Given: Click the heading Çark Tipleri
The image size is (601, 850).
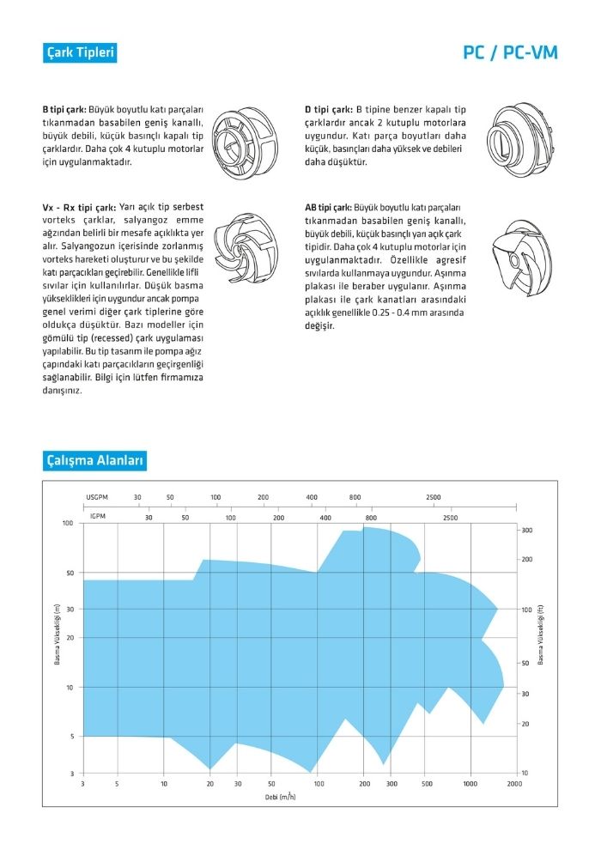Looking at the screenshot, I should tap(79, 52).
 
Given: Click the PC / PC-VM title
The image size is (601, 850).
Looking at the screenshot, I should tap(510, 53).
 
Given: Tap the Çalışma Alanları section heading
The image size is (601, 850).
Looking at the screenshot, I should tap(95, 461).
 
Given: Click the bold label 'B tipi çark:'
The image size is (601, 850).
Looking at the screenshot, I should tap(64, 110).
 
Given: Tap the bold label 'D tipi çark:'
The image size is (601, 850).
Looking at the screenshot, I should tap(328, 110).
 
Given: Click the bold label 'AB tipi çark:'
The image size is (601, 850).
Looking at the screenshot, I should tap(328, 207).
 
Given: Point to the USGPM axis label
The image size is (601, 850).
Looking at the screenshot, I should tap(98, 497).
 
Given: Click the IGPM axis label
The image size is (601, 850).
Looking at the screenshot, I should tap(98, 518).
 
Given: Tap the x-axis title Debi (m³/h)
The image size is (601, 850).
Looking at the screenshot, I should tap(281, 796).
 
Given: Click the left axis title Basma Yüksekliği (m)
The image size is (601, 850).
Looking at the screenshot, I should tap(57, 634).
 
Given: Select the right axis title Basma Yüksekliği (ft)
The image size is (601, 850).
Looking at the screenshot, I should tap(541, 634).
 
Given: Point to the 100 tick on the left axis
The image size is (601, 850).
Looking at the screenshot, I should tap(67, 523).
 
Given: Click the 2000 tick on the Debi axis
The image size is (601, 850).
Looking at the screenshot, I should tap(514, 784).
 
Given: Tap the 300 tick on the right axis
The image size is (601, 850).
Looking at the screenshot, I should tap(527, 531).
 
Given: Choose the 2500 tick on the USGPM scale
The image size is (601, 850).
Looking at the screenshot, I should tap(433, 497).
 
